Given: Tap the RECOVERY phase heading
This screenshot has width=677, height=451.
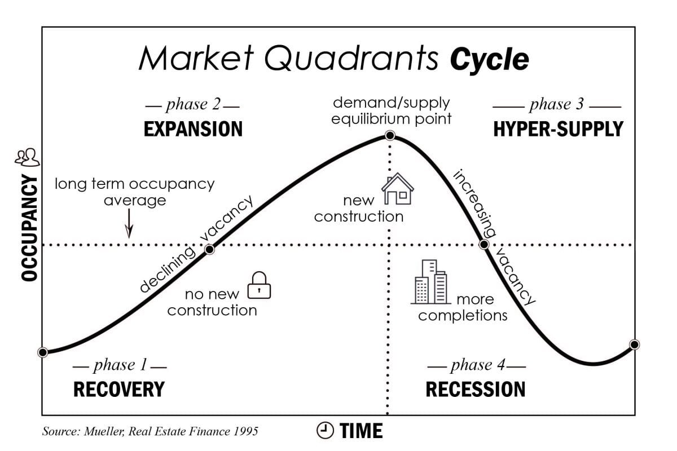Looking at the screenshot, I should (118, 389).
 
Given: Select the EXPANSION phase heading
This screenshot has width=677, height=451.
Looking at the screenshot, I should (193, 129).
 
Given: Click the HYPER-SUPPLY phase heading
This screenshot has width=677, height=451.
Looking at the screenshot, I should (557, 129).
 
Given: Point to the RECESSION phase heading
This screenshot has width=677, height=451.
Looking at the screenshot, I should (475, 389).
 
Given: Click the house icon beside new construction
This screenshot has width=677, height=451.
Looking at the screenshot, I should (398, 190).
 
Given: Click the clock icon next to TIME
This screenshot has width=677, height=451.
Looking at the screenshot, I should (325, 430).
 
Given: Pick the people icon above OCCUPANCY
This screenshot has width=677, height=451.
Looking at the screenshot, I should (27, 158).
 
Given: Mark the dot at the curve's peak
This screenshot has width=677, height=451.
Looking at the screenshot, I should (389, 136).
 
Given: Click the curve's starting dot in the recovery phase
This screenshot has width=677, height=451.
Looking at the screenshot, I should (42, 352).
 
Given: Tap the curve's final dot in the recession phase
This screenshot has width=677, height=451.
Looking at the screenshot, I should (634, 344).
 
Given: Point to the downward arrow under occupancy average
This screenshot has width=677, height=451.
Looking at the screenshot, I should (129, 224).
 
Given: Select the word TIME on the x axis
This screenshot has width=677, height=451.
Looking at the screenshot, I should (361, 431).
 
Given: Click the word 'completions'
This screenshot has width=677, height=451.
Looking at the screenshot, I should (463, 315).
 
